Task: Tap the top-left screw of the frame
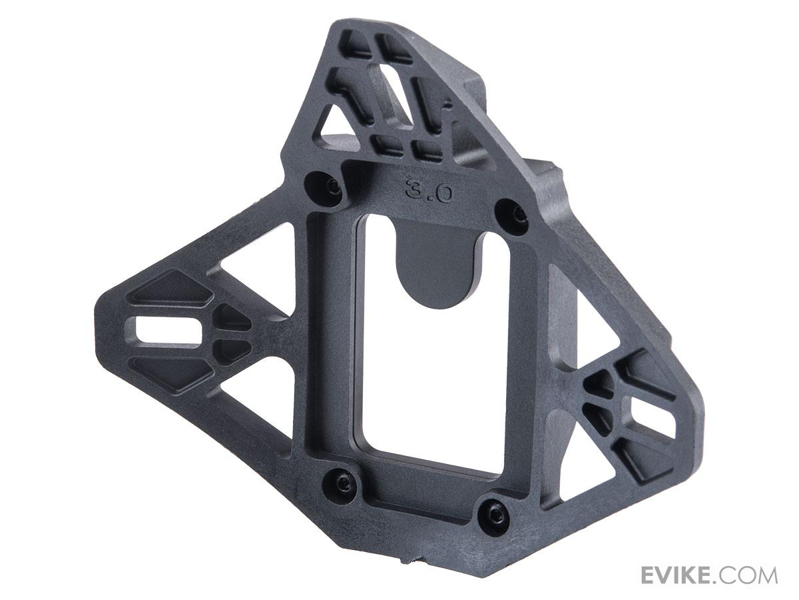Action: click(334, 187)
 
